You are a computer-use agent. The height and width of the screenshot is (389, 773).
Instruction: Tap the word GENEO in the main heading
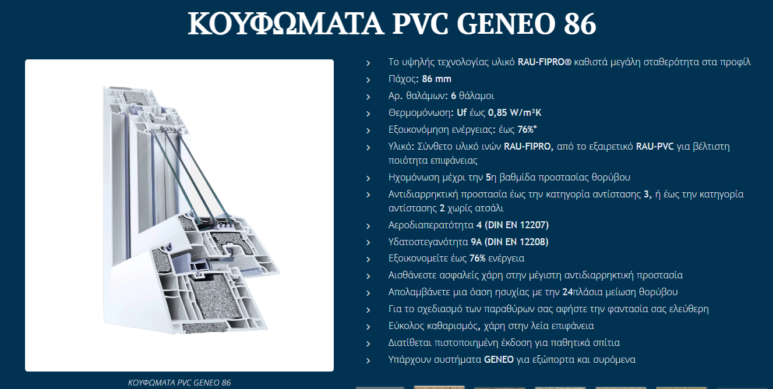pos(506,24)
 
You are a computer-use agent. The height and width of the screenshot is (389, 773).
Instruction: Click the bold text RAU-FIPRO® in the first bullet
pos(545,62)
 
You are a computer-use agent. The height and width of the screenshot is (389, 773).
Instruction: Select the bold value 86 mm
pos(436,79)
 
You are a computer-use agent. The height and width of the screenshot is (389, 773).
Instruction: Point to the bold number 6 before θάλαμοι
pos(453,96)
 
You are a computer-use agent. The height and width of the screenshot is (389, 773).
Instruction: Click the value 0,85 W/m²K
pos(514,113)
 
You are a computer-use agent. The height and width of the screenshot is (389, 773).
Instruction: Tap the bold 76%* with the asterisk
pos(527,130)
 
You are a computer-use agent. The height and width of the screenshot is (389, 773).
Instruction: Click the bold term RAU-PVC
pos(655,147)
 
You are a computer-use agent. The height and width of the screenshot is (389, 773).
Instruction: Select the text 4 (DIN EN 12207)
pos(513,225)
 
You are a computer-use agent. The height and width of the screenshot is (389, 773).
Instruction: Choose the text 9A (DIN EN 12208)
pos(509,242)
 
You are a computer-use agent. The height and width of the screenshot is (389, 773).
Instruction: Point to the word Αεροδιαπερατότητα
pos(431,225)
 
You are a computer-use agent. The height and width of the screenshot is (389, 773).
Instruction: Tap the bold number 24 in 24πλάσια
pos(568,292)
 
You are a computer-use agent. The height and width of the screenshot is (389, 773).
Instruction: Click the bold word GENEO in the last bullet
pos(499,360)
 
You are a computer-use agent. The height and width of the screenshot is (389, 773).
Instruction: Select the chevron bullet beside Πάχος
pos(368,80)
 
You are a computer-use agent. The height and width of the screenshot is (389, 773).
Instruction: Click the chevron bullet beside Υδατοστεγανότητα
pos(368,243)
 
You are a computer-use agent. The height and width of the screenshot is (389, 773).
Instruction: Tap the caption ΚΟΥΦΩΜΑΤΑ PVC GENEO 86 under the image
pos(179,383)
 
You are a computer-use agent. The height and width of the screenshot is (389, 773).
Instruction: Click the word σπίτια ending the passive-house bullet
pos(606,343)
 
